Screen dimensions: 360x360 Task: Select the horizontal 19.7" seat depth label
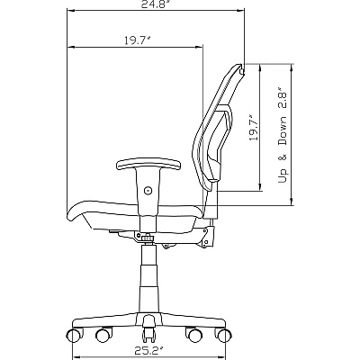137,40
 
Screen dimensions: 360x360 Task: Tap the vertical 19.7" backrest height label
254,128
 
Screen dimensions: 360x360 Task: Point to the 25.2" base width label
149,349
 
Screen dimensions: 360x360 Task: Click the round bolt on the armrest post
148,190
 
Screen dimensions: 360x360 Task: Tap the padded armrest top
148,166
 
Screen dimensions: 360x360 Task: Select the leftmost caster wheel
73,336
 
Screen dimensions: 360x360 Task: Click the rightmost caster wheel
224,336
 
